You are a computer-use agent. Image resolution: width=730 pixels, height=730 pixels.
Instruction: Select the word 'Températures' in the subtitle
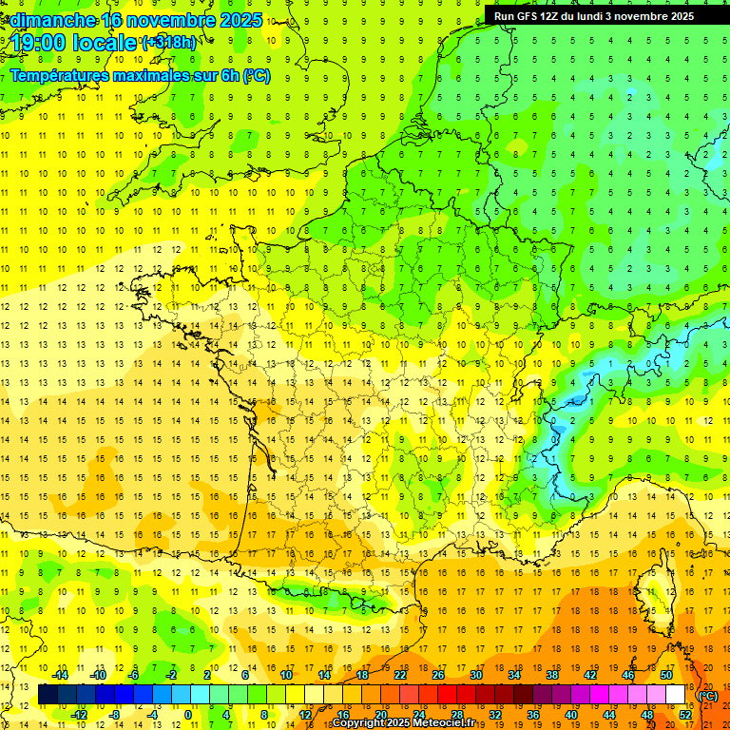tap(60, 76)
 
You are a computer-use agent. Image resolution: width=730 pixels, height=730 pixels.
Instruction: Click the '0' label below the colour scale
tap(188, 714)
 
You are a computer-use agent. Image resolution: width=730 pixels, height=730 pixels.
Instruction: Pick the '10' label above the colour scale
tap(285, 675)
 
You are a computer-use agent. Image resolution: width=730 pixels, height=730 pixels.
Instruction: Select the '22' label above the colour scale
tap(400, 675)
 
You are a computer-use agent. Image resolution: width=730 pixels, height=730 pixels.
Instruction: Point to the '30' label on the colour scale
tap(476, 675)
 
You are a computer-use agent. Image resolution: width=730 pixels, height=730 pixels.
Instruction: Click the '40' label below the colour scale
tap(570, 714)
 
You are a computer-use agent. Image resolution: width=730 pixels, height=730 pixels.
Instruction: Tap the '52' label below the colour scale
tap(684, 714)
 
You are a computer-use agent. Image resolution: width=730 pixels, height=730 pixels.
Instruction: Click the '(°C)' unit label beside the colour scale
tap(707, 695)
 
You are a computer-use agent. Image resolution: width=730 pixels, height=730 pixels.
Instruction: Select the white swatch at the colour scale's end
tap(675, 695)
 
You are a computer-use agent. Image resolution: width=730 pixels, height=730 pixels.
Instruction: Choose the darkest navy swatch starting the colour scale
tap(48, 695)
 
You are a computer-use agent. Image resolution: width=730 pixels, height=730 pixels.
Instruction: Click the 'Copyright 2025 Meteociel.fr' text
tap(403, 723)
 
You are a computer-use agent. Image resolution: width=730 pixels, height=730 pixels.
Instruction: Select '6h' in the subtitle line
tap(227, 76)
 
